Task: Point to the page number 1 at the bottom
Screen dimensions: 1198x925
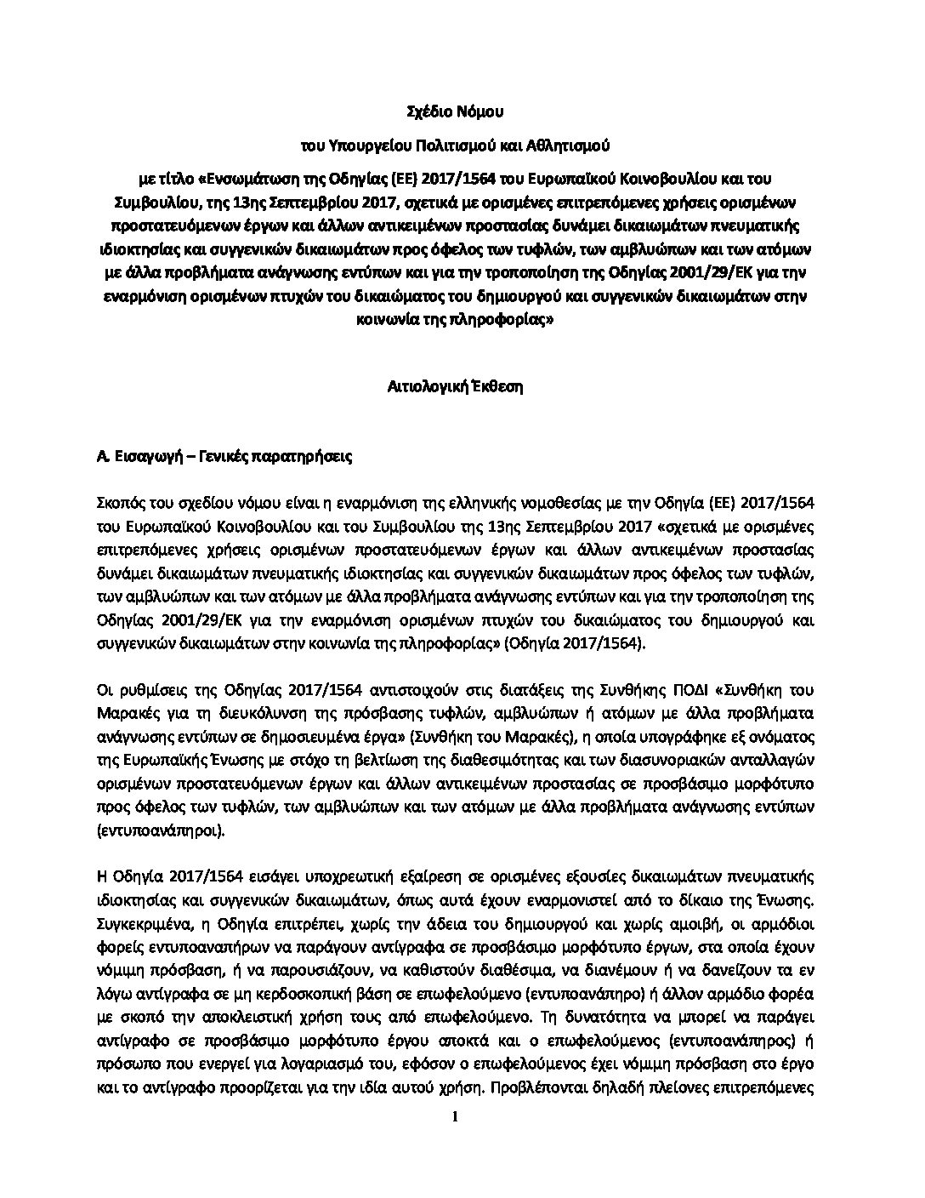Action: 456,1117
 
